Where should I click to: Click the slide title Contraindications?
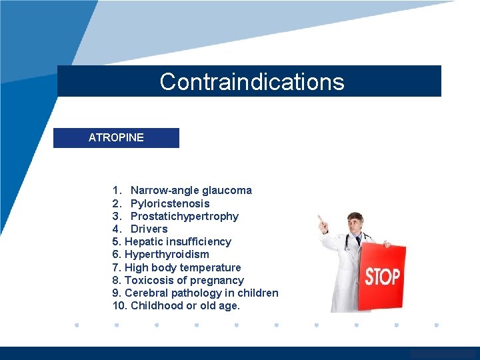252,82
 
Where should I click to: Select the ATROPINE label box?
116,137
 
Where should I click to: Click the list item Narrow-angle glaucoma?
191,191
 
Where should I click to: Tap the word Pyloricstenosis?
170,203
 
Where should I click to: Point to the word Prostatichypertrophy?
184,216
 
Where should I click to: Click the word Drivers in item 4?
149,229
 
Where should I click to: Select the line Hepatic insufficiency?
177,241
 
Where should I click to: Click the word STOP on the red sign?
382,277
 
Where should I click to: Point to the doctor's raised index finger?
319,218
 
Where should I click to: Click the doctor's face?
355,225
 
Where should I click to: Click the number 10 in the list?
119,306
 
